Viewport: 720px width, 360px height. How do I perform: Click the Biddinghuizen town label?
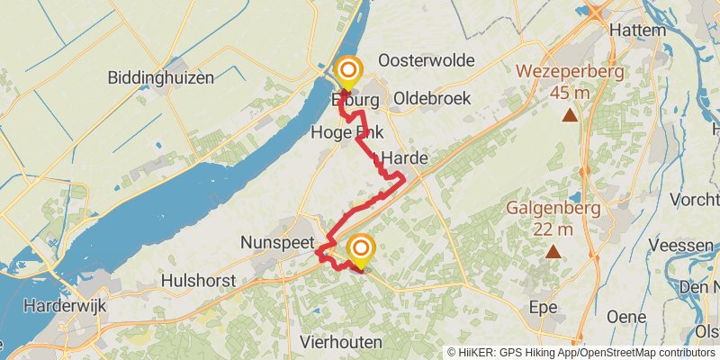(x=161, y=78)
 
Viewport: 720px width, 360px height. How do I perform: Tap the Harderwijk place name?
(x=65, y=306)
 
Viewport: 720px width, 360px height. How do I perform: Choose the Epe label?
(x=544, y=307)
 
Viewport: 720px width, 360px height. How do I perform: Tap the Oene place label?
(x=626, y=317)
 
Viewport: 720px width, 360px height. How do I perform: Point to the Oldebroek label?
(x=432, y=98)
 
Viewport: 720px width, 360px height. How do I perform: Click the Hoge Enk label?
(x=346, y=133)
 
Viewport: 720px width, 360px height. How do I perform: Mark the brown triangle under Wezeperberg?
(x=570, y=115)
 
